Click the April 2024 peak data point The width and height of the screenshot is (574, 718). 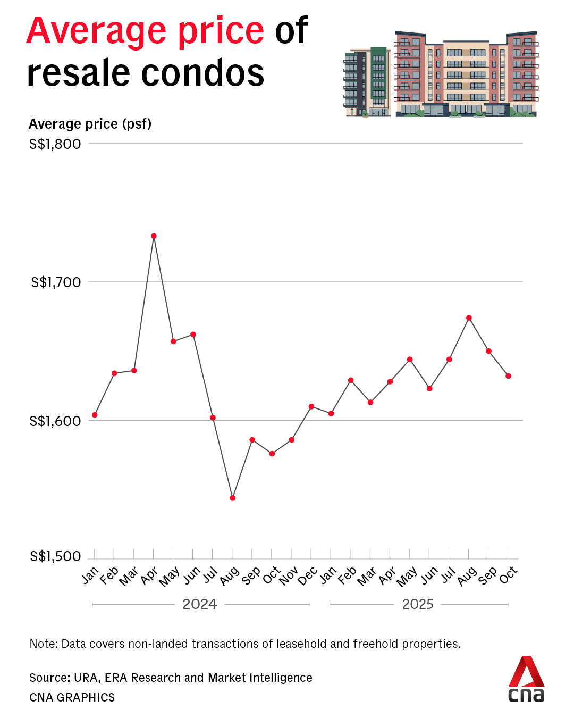[x=154, y=236]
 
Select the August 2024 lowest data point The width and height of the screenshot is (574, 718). [x=232, y=498]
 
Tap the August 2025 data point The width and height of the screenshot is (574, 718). [x=469, y=318]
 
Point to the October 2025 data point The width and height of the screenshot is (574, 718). [x=508, y=376]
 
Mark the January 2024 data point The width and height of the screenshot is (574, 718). [x=95, y=415]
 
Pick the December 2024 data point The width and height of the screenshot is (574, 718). [x=311, y=406]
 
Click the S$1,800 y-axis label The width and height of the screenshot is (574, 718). [x=55, y=144]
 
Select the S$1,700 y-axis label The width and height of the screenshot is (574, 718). [x=56, y=282]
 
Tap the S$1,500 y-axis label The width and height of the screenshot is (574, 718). [x=55, y=556]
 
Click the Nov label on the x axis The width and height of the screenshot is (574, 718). [x=289, y=576]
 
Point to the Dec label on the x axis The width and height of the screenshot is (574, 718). [x=308, y=576]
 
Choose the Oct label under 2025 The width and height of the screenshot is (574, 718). [x=508, y=575]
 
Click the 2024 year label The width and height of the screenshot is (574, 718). [x=200, y=604]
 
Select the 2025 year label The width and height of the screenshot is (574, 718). [x=418, y=604]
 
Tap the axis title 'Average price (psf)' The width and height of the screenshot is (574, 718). [x=90, y=124]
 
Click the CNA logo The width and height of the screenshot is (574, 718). [x=526, y=679]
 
